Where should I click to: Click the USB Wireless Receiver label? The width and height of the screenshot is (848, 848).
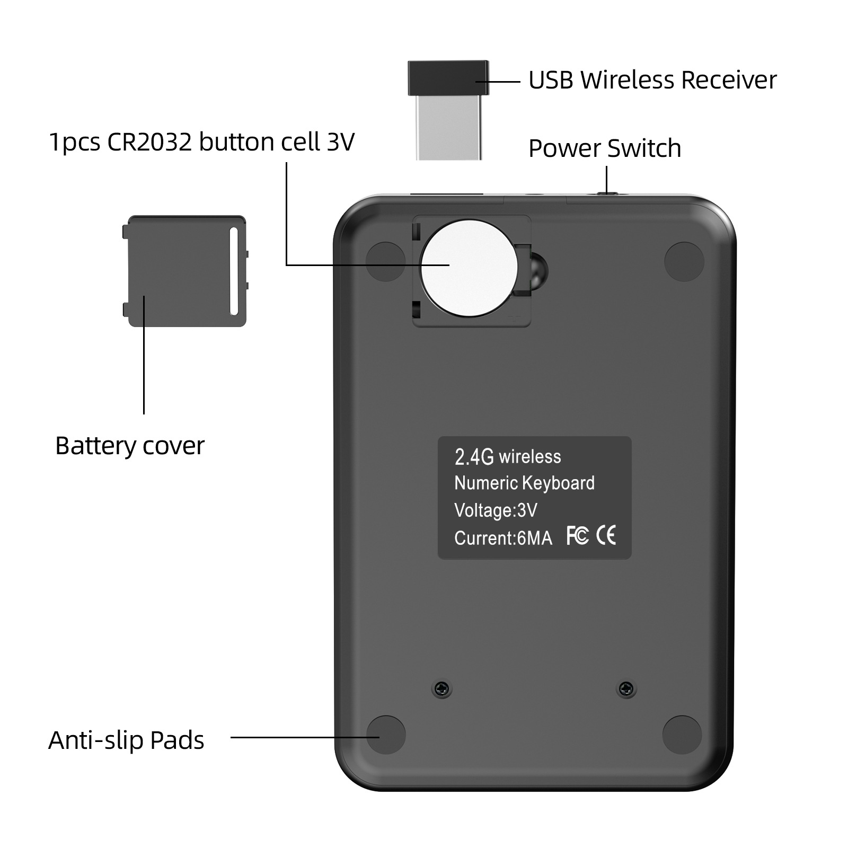[x=652, y=80]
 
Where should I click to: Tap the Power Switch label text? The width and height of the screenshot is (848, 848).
[x=605, y=148]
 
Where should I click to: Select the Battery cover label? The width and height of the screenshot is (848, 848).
[x=130, y=446]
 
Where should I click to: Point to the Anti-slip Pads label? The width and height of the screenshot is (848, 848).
[x=126, y=740]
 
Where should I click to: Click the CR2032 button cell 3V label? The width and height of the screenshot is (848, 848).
[x=201, y=142]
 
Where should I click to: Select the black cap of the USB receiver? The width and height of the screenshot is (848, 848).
[x=448, y=78]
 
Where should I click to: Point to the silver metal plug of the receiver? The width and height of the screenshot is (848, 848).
[x=449, y=128]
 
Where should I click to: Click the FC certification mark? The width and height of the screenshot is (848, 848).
[x=578, y=535]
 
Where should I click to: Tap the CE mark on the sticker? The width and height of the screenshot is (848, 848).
[x=606, y=535]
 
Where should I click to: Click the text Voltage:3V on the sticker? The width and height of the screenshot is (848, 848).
[x=496, y=510]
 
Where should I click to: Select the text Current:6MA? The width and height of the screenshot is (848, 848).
[x=503, y=538]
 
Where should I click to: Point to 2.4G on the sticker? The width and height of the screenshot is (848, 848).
[x=474, y=457]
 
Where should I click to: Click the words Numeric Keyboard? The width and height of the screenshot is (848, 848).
[x=525, y=483]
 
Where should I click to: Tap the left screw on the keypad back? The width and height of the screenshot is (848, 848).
[x=442, y=688]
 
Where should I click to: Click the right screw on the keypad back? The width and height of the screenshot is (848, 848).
[x=626, y=688]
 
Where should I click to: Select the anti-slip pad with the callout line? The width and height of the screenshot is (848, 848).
[x=386, y=735]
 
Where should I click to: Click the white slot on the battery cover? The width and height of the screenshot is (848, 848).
[x=234, y=271]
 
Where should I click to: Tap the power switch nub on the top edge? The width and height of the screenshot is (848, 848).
[x=607, y=193]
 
